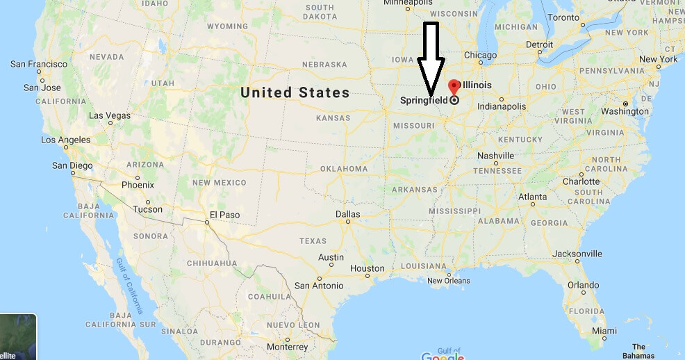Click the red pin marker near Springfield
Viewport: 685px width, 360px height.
(x=454, y=87)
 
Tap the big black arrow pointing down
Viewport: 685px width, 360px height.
(x=431, y=59)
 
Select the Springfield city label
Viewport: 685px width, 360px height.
(x=424, y=100)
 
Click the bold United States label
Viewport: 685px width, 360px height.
(x=295, y=92)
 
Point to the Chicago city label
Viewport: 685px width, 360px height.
(x=480, y=55)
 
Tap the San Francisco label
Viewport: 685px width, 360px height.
(x=39, y=64)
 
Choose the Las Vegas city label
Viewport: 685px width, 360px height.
(x=110, y=115)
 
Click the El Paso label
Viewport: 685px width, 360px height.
(x=224, y=215)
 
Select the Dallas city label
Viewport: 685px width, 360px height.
(x=348, y=214)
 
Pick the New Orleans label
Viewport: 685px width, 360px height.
(x=448, y=281)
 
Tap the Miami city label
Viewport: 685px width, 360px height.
(x=604, y=330)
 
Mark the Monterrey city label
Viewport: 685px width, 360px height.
(x=286, y=347)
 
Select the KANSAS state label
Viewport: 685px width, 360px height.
(x=333, y=118)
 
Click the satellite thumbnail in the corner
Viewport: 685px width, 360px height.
(x=17, y=338)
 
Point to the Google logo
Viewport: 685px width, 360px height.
(x=442, y=356)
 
